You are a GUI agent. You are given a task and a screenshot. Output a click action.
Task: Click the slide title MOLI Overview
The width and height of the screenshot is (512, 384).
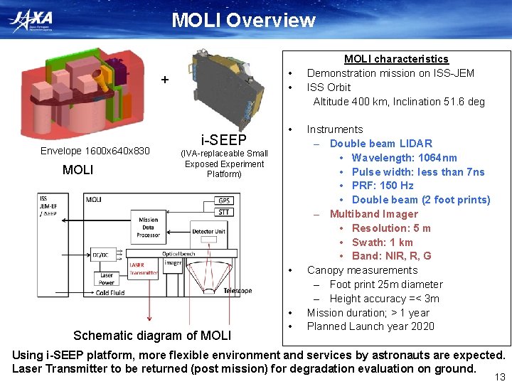coord(243,20)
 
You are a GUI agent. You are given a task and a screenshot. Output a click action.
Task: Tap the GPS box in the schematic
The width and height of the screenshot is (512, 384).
coord(225,201)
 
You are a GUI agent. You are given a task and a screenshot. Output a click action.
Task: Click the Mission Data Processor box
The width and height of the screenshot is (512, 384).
coord(149,228)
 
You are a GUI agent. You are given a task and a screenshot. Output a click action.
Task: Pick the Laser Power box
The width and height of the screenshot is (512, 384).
coord(106,279)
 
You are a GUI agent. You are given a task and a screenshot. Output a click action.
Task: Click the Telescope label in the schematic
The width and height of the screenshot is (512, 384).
coord(238,291)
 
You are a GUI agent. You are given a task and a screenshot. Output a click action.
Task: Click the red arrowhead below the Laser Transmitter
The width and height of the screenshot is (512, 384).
coord(149,319)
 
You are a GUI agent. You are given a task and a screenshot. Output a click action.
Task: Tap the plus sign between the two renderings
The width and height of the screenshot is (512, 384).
coord(165,80)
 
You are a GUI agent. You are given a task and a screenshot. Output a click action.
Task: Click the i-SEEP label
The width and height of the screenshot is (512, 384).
coord(223,139)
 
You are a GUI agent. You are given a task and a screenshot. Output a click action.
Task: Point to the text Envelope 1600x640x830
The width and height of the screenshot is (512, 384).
coord(95,151)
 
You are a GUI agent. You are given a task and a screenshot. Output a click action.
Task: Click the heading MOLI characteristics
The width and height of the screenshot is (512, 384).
coord(396,59)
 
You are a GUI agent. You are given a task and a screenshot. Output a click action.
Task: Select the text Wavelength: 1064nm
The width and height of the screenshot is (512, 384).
coord(404,158)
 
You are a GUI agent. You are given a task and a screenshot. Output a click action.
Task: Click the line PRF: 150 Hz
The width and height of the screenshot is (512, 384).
coord(383,186)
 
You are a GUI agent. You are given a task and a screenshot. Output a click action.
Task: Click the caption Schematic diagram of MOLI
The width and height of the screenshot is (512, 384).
coord(153,336)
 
